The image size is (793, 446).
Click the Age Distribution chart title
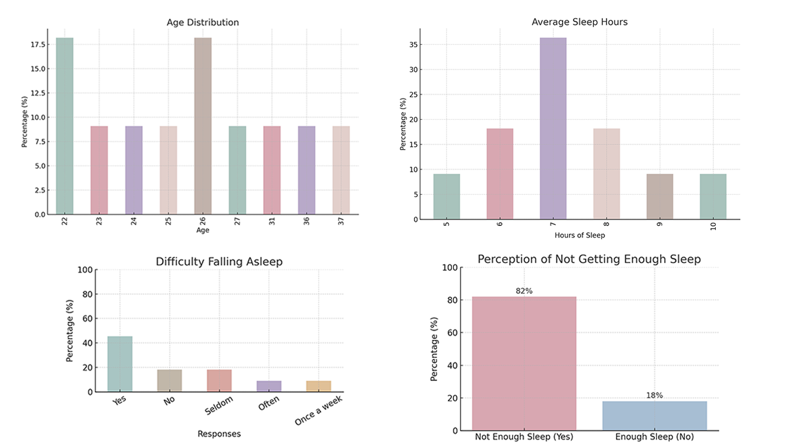click(x=203, y=23)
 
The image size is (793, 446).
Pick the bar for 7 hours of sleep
click(x=553, y=128)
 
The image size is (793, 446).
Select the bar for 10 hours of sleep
click(x=712, y=197)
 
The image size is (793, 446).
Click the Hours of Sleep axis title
click(x=579, y=235)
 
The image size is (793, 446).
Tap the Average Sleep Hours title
click(x=579, y=22)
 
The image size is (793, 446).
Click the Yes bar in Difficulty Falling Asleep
click(x=120, y=364)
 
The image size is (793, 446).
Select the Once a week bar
click(x=319, y=386)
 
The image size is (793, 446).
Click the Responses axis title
click(x=219, y=434)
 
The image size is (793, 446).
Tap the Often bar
click(x=269, y=386)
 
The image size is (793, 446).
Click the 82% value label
click(x=524, y=291)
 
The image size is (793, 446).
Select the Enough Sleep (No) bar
click(x=654, y=416)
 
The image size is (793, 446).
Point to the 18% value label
click(x=654, y=395)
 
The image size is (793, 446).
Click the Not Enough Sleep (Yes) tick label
click(x=524, y=437)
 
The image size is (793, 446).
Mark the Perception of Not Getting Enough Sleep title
click(x=589, y=259)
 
